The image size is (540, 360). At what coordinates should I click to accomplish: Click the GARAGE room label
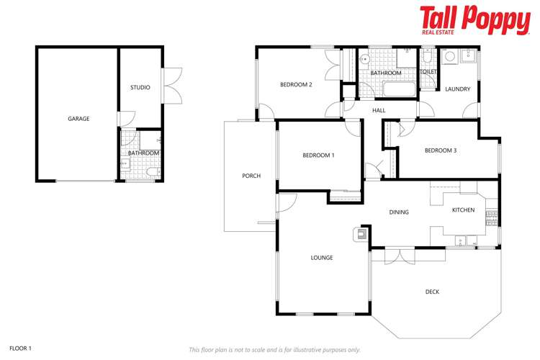coord(78,119)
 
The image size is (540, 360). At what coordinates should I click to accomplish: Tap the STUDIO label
coord(140,88)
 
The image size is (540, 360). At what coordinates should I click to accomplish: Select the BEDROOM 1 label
coord(318,156)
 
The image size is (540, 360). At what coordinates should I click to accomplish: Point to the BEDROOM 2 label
coord(296,85)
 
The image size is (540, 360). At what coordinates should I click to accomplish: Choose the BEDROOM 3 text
coord(440,150)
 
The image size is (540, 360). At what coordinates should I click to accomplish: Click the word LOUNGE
coord(321,258)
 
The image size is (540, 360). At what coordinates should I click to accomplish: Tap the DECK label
coord(432,292)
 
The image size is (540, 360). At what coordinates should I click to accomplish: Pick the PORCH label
coord(251,176)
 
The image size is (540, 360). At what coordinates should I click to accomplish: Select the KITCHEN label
coord(463,210)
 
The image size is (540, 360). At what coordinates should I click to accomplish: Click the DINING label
coord(399,212)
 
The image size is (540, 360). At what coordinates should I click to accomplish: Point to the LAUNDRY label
coord(457,89)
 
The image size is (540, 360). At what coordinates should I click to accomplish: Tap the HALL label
coord(379,110)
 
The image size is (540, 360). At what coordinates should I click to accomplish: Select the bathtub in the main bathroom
coord(398,90)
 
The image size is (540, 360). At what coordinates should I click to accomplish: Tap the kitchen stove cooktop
coord(492,215)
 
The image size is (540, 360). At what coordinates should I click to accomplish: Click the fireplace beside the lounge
coord(360,234)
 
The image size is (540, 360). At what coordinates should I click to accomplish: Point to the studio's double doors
coord(172,86)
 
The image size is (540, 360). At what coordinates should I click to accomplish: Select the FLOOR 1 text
coord(20,348)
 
